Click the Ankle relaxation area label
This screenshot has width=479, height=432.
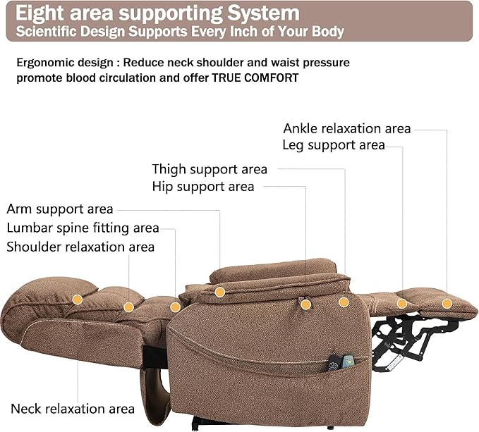tap(346, 128)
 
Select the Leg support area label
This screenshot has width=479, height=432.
tap(333, 145)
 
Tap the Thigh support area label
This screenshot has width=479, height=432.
tap(210, 169)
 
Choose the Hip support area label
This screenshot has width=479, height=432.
tap(202, 187)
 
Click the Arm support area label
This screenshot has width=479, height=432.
tap(60, 209)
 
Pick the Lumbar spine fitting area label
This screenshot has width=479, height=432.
tap(83, 228)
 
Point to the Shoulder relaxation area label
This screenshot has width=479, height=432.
tap(80, 247)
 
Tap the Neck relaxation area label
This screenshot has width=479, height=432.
tap(72, 409)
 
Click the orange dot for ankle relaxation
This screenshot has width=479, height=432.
tap(447, 304)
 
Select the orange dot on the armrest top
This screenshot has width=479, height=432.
tap(219, 292)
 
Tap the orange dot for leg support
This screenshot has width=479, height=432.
tap(402, 304)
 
